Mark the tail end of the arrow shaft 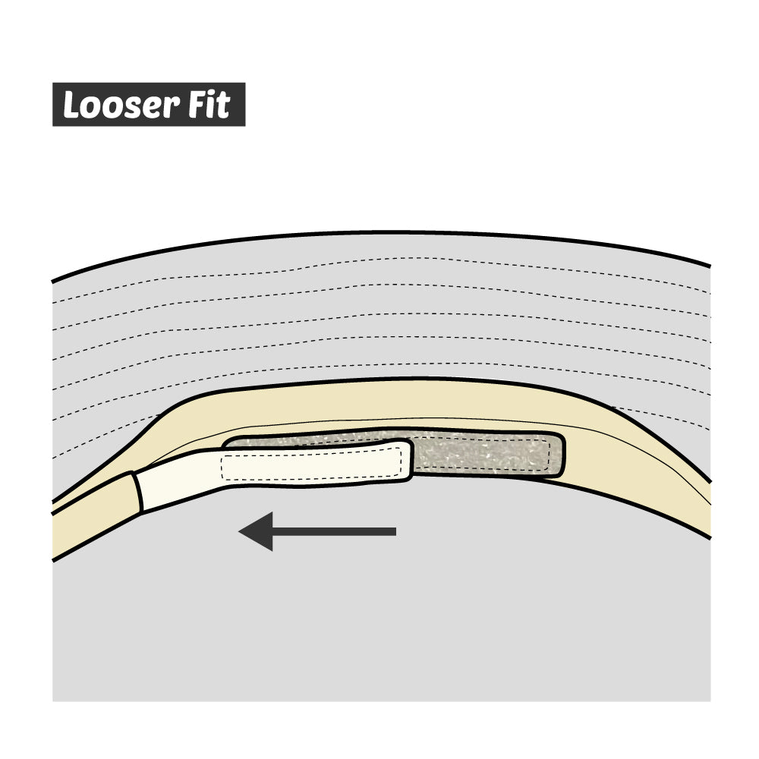coord(394,531)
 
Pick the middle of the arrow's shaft coord(334,531)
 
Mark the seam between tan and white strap coord(138,492)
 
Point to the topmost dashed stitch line coord(379,259)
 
